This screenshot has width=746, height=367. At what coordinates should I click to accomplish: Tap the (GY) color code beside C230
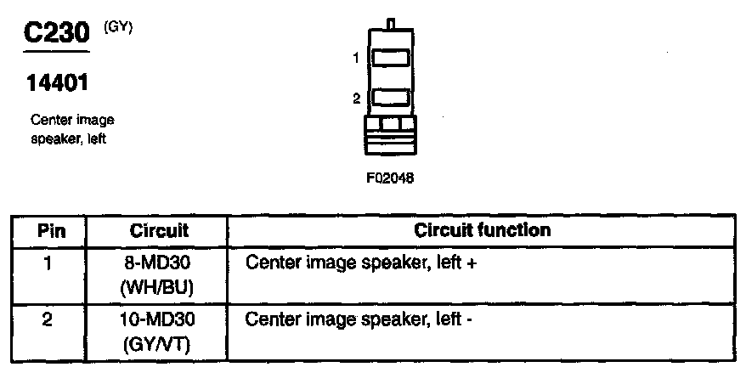117,28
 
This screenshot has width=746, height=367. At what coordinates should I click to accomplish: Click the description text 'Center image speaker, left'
71,129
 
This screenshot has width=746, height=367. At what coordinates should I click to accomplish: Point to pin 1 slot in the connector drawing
391,59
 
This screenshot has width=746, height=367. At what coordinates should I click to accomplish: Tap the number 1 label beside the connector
358,58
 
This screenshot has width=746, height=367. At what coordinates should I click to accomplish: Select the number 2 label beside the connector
357,99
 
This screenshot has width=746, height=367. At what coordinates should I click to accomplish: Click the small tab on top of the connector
391,22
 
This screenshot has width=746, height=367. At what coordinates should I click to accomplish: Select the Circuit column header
159,231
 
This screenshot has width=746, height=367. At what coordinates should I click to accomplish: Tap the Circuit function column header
482,230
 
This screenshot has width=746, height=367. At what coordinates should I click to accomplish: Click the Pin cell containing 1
49,263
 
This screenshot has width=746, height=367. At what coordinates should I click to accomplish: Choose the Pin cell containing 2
49,320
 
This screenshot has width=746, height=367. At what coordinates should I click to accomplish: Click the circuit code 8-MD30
159,263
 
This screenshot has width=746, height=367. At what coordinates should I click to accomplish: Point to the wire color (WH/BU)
159,288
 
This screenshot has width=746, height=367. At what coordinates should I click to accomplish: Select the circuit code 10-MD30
159,320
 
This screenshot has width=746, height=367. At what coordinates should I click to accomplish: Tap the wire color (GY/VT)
159,345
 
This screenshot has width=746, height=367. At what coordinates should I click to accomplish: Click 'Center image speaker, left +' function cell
361,263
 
